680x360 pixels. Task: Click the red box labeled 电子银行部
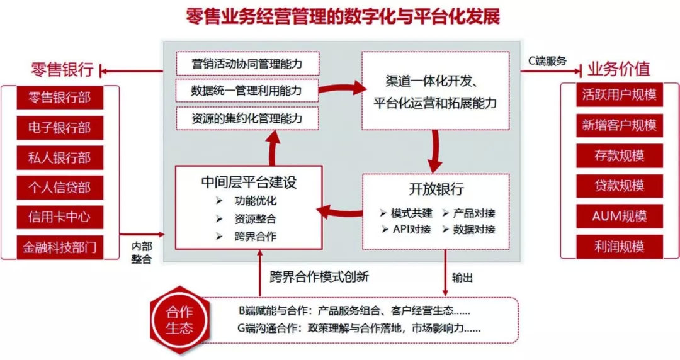pyautogui.click(x=60, y=128)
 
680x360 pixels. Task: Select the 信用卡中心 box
pyautogui.click(x=60, y=217)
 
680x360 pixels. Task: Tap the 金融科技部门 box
pyautogui.click(x=60, y=247)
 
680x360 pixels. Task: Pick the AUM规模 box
pyautogui.click(x=620, y=216)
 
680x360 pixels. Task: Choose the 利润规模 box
pyautogui.click(x=620, y=247)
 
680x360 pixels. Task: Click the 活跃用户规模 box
pyautogui.click(x=620, y=94)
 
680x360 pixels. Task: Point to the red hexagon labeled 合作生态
pyautogui.click(x=179, y=320)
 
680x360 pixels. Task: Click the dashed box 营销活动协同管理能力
pyautogui.click(x=247, y=64)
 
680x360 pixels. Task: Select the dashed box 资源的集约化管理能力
pyautogui.click(x=247, y=118)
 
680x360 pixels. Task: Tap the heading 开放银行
pyautogui.click(x=436, y=189)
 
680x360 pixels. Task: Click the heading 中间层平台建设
pyautogui.click(x=249, y=182)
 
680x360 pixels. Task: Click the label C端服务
pyautogui.click(x=547, y=61)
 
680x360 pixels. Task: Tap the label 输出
pyautogui.click(x=462, y=277)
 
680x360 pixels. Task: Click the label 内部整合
pyautogui.click(x=142, y=253)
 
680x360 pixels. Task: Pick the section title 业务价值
pyautogui.click(x=619, y=69)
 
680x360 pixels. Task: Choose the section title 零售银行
pyautogui.click(x=62, y=69)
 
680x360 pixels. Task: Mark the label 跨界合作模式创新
pyautogui.click(x=319, y=277)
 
